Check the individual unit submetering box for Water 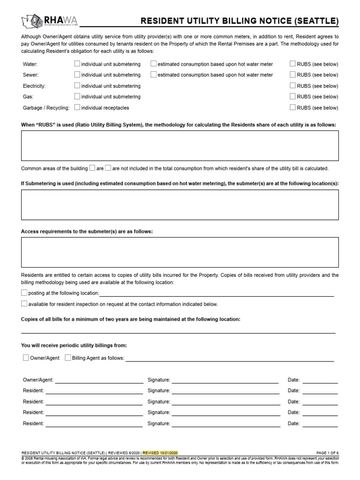(x=77, y=64)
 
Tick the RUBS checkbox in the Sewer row (x=292, y=75)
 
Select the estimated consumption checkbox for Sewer (x=154, y=75)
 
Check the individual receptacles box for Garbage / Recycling (x=77, y=107)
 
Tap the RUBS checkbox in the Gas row (x=292, y=97)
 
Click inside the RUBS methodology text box (x=180, y=146)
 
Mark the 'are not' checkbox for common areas (x=108, y=168)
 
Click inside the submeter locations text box (x=180, y=205)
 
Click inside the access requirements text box (x=180, y=252)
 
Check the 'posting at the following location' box (x=24, y=292)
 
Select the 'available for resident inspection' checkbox (x=24, y=304)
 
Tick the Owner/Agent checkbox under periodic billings (x=26, y=358)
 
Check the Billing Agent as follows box (x=68, y=358)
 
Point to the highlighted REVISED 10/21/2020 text (x=160, y=453)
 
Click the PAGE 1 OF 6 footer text (x=327, y=453)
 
